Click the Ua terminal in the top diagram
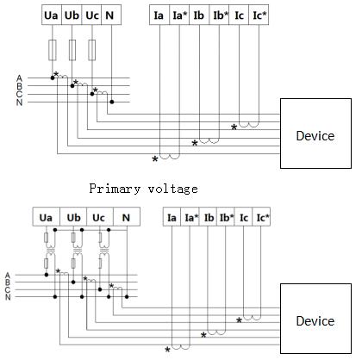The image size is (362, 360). click(52, 15)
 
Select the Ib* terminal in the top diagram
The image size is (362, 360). click(219, 15)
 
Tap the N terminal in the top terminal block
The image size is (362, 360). click(110, 15)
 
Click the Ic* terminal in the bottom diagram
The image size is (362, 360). click(261, 218)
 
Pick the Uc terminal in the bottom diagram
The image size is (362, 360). click(99, 218)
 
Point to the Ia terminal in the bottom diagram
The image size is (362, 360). click(172, 218)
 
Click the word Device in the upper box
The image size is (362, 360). click(315, 136)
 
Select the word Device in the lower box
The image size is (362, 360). click(315, 320)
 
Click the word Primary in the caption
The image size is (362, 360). click(115, 189)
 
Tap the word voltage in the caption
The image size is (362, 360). click(173, 189)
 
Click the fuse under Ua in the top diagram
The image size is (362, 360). click(53, 50)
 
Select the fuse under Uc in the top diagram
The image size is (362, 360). click(92, 50)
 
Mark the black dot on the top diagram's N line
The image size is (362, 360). click(112, 102)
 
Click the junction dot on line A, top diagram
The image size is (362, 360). click(53, 78)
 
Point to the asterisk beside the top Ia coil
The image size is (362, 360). click(155, 159)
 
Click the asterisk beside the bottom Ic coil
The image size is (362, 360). click(239, 320)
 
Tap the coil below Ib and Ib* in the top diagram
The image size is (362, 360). click(209, 141)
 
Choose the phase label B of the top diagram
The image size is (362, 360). click(19, 86)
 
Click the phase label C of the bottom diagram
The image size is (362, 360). click(8, 290)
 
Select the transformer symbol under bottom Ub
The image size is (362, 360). click(78, 251)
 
